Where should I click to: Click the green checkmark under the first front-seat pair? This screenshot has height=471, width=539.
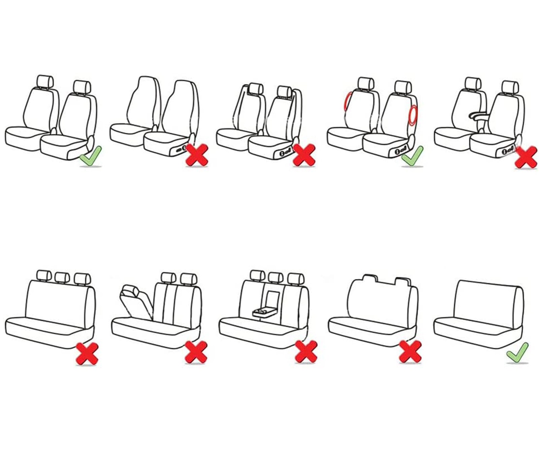[90, 156]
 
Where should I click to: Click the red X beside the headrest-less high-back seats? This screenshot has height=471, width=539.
[197, 155]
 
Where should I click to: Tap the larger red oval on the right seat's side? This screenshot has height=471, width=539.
[413, 115]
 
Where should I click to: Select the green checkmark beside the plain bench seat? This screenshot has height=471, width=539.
[517, 353]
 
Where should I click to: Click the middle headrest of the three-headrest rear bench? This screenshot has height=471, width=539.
[62, 278]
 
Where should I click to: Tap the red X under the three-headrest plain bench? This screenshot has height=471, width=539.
[87, 353]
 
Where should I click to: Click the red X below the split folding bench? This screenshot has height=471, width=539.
[196, 352]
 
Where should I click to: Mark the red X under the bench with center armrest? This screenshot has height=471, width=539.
[306, 352]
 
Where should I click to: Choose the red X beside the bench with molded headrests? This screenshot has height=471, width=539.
[410, 352]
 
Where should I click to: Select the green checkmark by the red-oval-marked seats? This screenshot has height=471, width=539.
[412, 156]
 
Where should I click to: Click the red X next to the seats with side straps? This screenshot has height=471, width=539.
[304, 155]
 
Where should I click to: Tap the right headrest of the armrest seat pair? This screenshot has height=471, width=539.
[510, 87]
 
